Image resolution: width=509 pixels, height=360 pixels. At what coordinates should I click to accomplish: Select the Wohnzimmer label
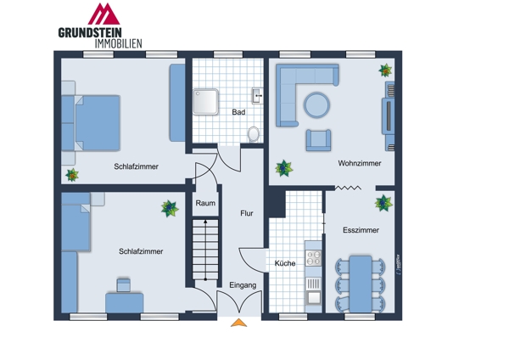359,163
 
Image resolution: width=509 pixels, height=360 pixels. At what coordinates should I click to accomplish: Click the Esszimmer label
361,230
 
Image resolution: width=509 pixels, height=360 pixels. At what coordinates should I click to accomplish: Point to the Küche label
285,263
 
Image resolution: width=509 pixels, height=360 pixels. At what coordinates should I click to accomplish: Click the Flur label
247,214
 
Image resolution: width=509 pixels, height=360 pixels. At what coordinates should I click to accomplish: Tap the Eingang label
242,285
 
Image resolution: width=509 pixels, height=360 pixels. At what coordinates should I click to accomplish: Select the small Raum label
205,204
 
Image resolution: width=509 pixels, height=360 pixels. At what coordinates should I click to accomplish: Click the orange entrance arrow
240,322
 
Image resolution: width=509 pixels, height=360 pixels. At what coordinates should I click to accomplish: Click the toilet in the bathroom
254,133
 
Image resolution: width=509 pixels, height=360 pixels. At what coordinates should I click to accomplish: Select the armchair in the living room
318,139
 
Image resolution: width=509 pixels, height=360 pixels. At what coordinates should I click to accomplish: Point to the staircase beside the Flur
204,248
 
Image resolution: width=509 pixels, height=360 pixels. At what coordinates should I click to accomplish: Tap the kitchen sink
313,296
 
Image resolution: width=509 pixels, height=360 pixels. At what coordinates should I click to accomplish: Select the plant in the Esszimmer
383,203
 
